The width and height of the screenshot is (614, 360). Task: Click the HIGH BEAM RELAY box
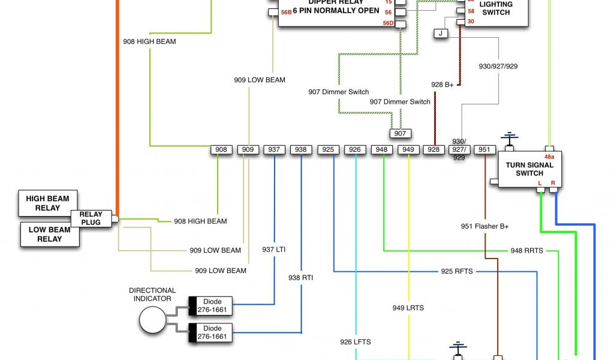point(47,203)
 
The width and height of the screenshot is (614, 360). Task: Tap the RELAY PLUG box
point(91,218)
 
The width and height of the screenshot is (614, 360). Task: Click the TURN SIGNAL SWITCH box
point(529,169)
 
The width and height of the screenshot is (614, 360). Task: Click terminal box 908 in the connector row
point(221,149)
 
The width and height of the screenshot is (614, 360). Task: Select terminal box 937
point(274,149)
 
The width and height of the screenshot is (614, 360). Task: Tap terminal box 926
point(355,149)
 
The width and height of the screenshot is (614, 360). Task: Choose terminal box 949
point(408,149)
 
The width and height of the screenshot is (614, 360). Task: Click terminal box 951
point(484,149)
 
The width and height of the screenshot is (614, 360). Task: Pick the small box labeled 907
point(400,133)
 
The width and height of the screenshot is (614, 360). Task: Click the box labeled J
point(441,33)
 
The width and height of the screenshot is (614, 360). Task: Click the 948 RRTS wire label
point(526,250)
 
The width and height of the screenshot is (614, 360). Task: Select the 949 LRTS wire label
point(408,308)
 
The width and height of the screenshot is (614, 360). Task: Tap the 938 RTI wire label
point(300,278)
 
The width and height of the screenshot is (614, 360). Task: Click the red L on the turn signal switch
point(540,182)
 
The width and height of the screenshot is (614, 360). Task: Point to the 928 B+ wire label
point(443,85)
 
